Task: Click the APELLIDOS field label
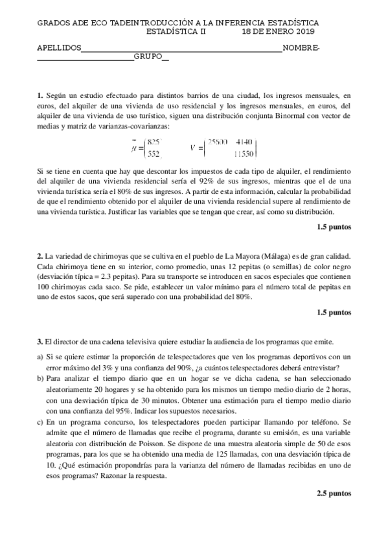(x=59, y=48)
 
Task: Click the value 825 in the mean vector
(x=154, y=142)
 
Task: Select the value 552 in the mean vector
(x=154, y=154)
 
